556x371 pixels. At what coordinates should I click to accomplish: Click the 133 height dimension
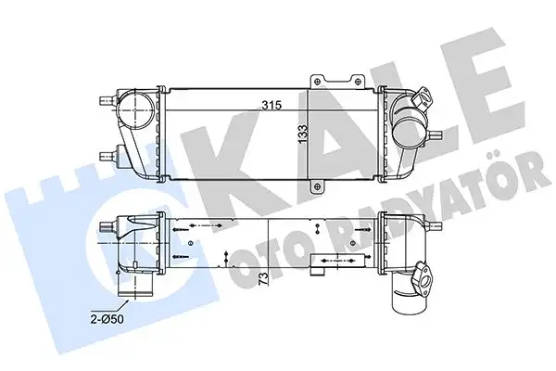coord(302,134)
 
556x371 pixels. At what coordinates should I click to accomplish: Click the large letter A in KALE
coord(315,121)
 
